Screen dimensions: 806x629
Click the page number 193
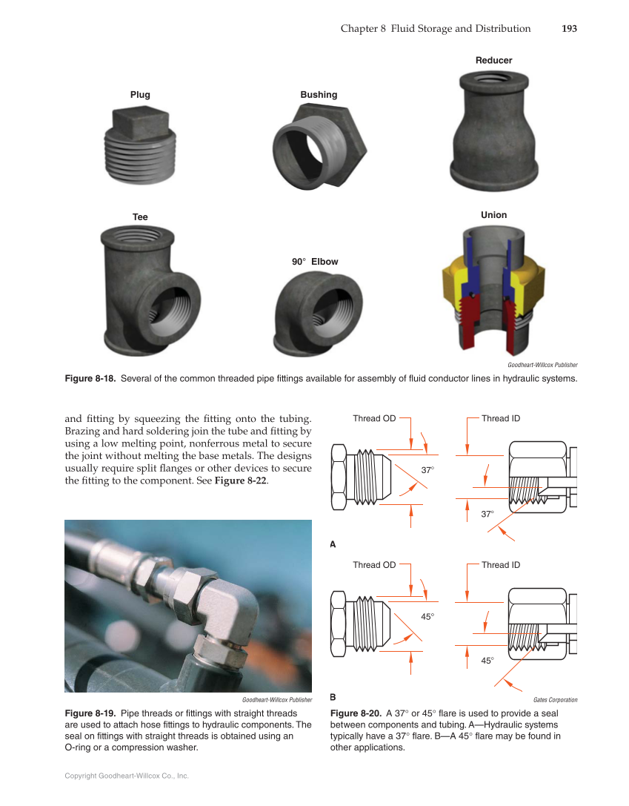point(569,29)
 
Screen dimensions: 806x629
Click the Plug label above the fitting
point(140,95)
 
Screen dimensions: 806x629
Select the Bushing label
point(319,95)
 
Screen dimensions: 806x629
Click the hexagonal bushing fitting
point(319,145)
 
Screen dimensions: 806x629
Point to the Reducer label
point(493,60)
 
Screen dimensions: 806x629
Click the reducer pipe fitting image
point(493,127)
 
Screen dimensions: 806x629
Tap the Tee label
point(140,217)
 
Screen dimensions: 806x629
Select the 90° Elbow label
point(314,262)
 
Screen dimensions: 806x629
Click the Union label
point(494,215)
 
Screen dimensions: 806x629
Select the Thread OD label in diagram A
point(374,419)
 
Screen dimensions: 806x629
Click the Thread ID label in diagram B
point(501,565)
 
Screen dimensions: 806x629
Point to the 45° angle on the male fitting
point(428,616)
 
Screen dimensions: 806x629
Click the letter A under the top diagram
point(333,544)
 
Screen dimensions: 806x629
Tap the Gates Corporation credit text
point(555,700)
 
